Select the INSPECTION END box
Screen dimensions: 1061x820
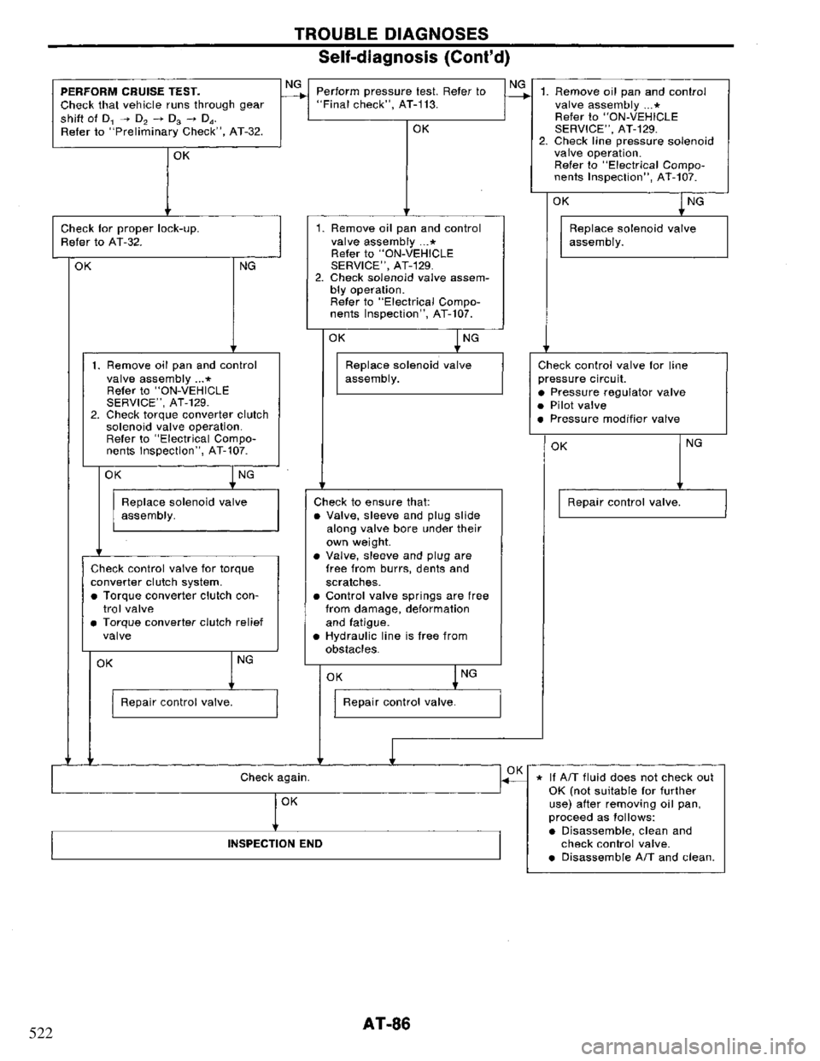274,843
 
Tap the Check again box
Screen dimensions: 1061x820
274,778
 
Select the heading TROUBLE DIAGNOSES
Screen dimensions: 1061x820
415,33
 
